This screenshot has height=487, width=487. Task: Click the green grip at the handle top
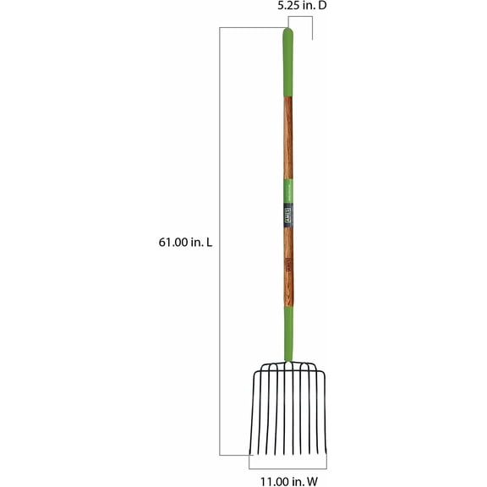click(x=287, y=63)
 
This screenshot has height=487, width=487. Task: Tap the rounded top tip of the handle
click(x=287, y=32)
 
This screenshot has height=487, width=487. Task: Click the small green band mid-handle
click(x=287, y=189)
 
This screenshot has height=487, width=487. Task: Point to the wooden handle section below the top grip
click(x=287, y=135)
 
